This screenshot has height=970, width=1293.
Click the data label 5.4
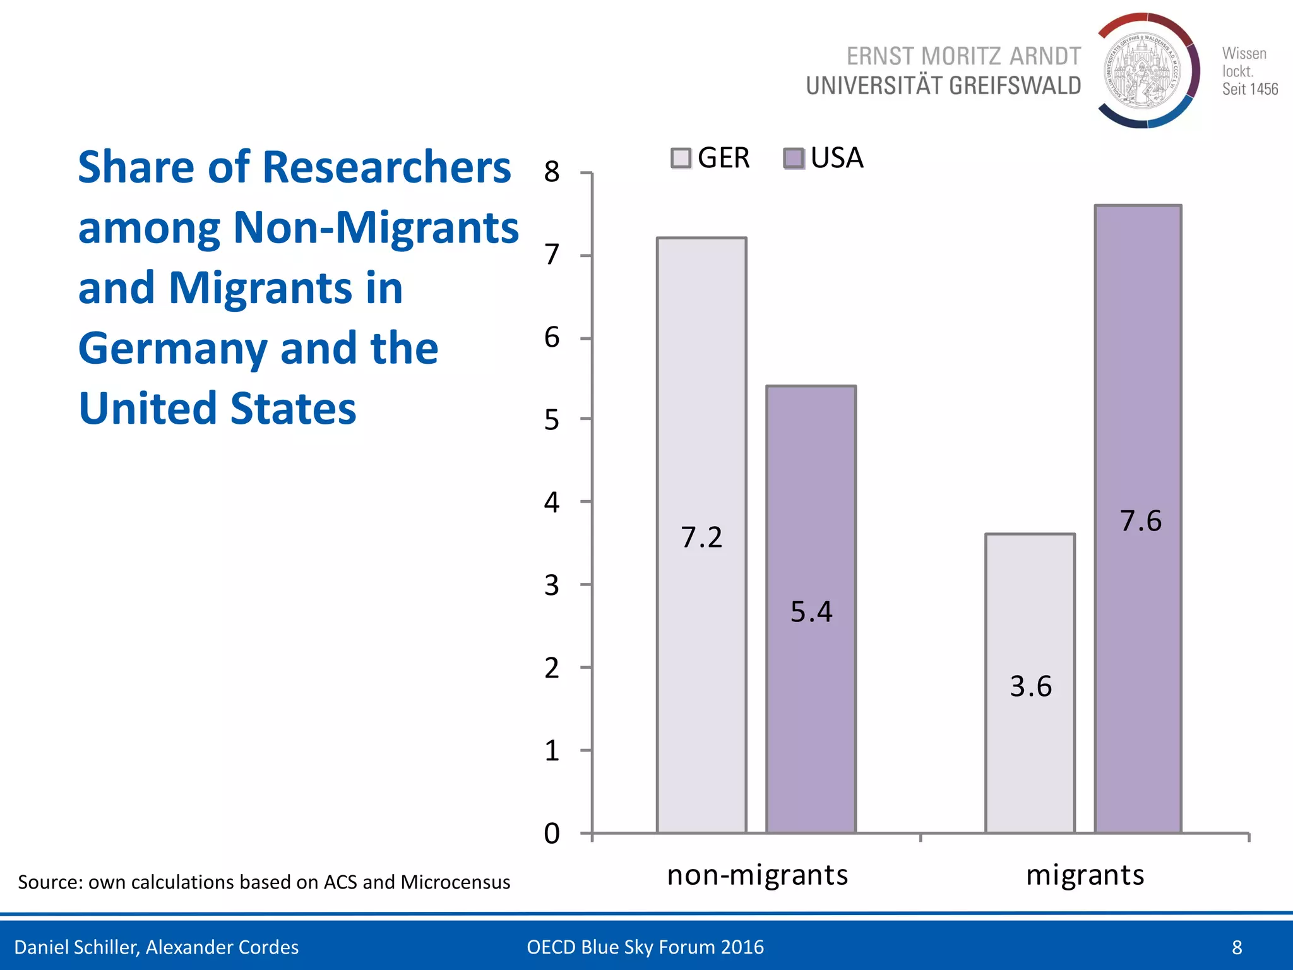(x=811, y=612)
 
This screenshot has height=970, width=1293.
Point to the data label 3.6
(x=1030, y=686)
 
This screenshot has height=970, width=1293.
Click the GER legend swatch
(x=681, y=158)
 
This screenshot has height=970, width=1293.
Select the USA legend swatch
(x=794, y=158)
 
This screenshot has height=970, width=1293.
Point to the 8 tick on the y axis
(x=552, y=172)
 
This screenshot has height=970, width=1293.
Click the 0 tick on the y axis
(x=552, y=834)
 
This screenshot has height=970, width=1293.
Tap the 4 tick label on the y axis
(x=552, y=503)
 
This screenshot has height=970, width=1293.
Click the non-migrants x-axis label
(x=757, y=875)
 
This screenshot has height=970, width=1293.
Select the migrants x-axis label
(x=1085, y=875)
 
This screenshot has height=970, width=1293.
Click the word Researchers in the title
(x=386, y=168)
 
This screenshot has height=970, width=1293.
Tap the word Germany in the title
(x=172, y=349)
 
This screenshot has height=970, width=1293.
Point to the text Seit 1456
(x=1249, y=89)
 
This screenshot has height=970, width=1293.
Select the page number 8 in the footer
(x=1237, y=947)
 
